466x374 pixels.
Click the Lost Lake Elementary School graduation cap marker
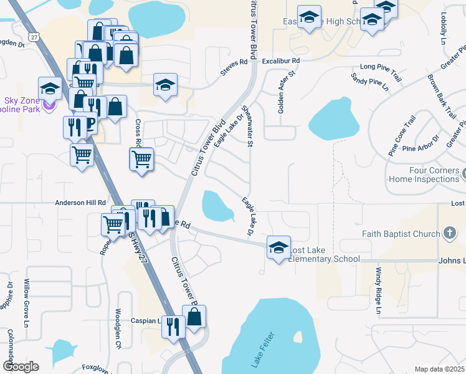(278, 247)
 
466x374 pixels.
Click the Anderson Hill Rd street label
(80, 203)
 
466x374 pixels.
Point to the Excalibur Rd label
(280, 61)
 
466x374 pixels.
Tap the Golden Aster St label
(281, 93)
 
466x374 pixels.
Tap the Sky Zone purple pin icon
(49, 104)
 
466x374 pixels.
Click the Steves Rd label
(234, 67)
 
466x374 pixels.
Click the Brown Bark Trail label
(440, 97)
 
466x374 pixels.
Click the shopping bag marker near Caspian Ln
(194, 317)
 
